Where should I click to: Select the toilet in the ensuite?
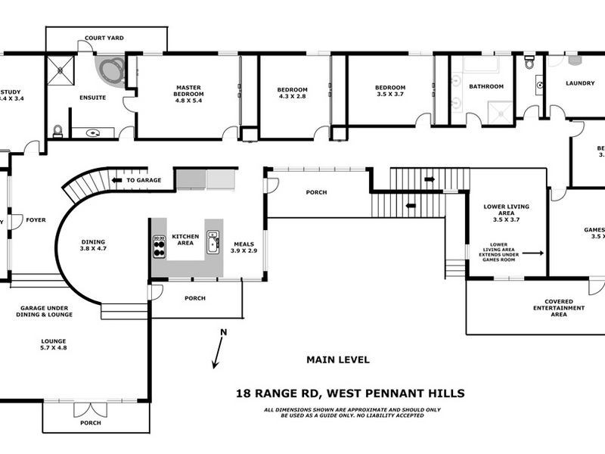[57, 130]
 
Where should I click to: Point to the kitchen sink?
[213, 241]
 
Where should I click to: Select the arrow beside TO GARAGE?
[117, 181]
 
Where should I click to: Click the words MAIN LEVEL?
[337, 360]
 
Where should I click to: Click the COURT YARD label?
[104, 38]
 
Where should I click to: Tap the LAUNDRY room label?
[579, 85]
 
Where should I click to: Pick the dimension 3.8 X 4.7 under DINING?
[94, 248]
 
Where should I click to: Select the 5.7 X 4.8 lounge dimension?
[54, 348]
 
